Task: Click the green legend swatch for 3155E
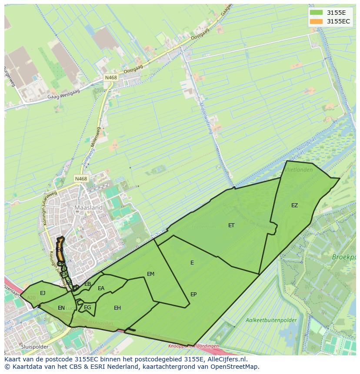317,13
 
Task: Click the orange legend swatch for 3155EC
317,21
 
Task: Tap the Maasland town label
88,208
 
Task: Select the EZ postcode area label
295,205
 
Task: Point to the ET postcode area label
231,225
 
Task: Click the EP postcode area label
193,295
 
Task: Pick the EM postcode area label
151,274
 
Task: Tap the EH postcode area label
117,308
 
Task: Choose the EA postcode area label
101,288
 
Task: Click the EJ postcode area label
43,293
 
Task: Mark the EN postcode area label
61,308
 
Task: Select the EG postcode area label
88,308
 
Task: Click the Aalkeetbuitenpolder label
271,321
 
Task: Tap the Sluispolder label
34,347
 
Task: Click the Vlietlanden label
298,170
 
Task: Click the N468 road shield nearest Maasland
81,179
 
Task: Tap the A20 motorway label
31,298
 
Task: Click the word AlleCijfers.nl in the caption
224,359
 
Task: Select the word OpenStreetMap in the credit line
235,367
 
